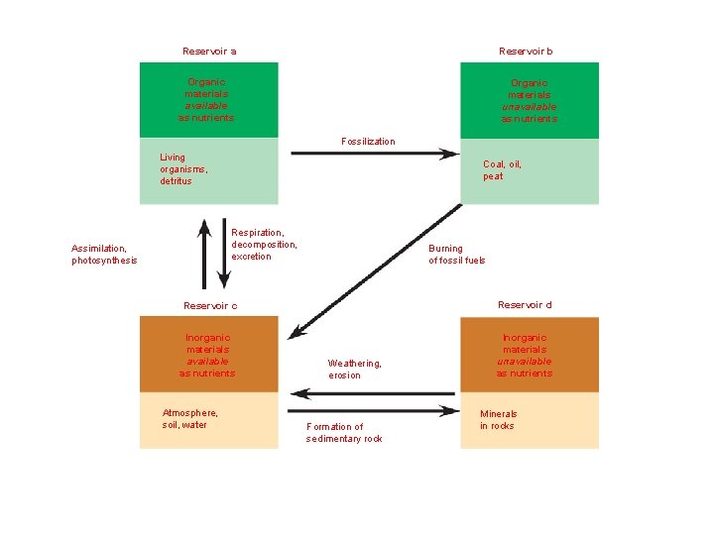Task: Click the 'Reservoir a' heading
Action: coord(209,52)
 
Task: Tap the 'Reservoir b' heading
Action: coord(526,52)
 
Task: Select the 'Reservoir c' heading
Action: coord(210,305)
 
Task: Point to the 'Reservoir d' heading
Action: coord(525,304)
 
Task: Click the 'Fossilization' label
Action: coord(368,142)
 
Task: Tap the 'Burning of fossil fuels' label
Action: coord(456,255)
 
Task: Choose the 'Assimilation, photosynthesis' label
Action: coord(104,255)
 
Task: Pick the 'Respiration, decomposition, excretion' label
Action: coord(264,245)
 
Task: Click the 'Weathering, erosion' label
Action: coord(354,370)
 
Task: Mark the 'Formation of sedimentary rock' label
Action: coord(344,433)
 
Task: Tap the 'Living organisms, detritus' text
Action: coord(177,169)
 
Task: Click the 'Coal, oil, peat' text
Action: coord(502,170)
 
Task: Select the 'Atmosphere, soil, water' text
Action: coord(189,419)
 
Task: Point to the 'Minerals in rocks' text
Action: coord(498,420)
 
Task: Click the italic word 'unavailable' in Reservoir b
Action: coord(529,107)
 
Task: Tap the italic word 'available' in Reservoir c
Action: coord(207,362)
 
